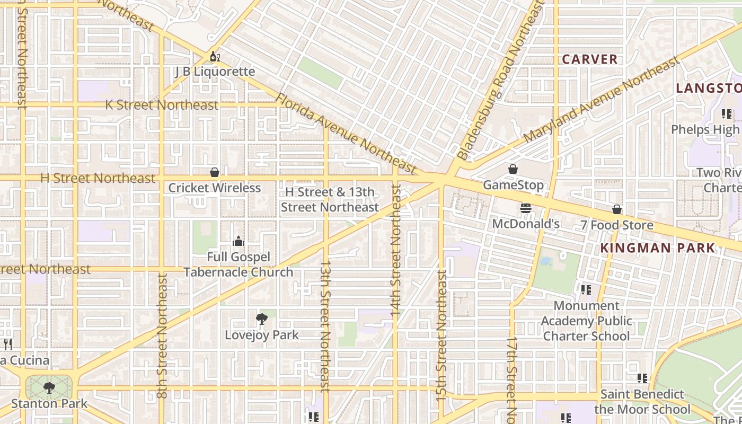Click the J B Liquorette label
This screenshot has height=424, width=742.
point(215,72)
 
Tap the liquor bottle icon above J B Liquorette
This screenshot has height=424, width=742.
point(215,57)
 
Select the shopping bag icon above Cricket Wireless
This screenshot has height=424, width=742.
point(215,172)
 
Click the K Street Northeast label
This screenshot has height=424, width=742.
point(162,105)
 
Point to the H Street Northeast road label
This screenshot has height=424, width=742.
point(98,178)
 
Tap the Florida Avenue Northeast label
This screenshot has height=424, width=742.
point(347,134)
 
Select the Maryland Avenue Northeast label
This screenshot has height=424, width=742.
point(602,100)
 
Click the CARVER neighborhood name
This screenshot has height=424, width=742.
point(590,59)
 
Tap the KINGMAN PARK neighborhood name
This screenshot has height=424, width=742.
point(658,248)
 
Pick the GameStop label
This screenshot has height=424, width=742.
point(513,185)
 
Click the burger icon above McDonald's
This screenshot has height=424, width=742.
point(526,208)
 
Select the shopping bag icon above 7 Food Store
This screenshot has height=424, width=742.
point(616,209)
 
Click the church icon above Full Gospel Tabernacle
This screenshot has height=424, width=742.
point(238,242)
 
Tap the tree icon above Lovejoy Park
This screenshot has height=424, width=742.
point(261,319)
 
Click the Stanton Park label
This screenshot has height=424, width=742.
point(49,403)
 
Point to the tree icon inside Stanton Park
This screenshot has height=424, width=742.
point(49,388)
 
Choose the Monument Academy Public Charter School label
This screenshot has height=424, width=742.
point(586,321)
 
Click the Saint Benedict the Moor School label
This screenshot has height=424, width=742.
point(642,402)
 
